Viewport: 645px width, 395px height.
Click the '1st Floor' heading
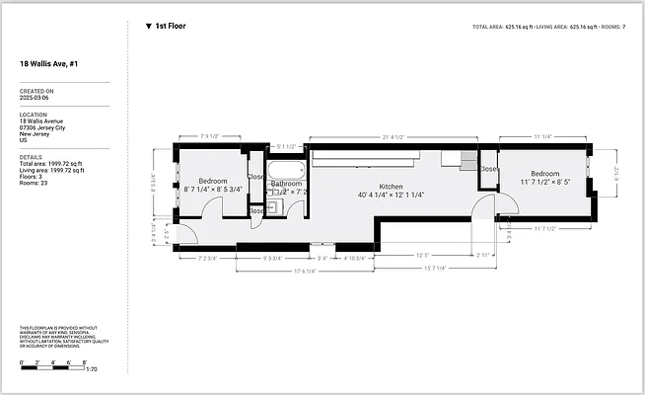point(170,27)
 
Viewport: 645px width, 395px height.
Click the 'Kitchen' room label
point(392,187)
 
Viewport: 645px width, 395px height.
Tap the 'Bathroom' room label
point(287,184)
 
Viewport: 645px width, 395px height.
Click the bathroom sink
point(276,206)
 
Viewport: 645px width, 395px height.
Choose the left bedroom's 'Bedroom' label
point(213,182)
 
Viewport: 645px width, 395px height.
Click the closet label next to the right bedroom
point(488,169)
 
